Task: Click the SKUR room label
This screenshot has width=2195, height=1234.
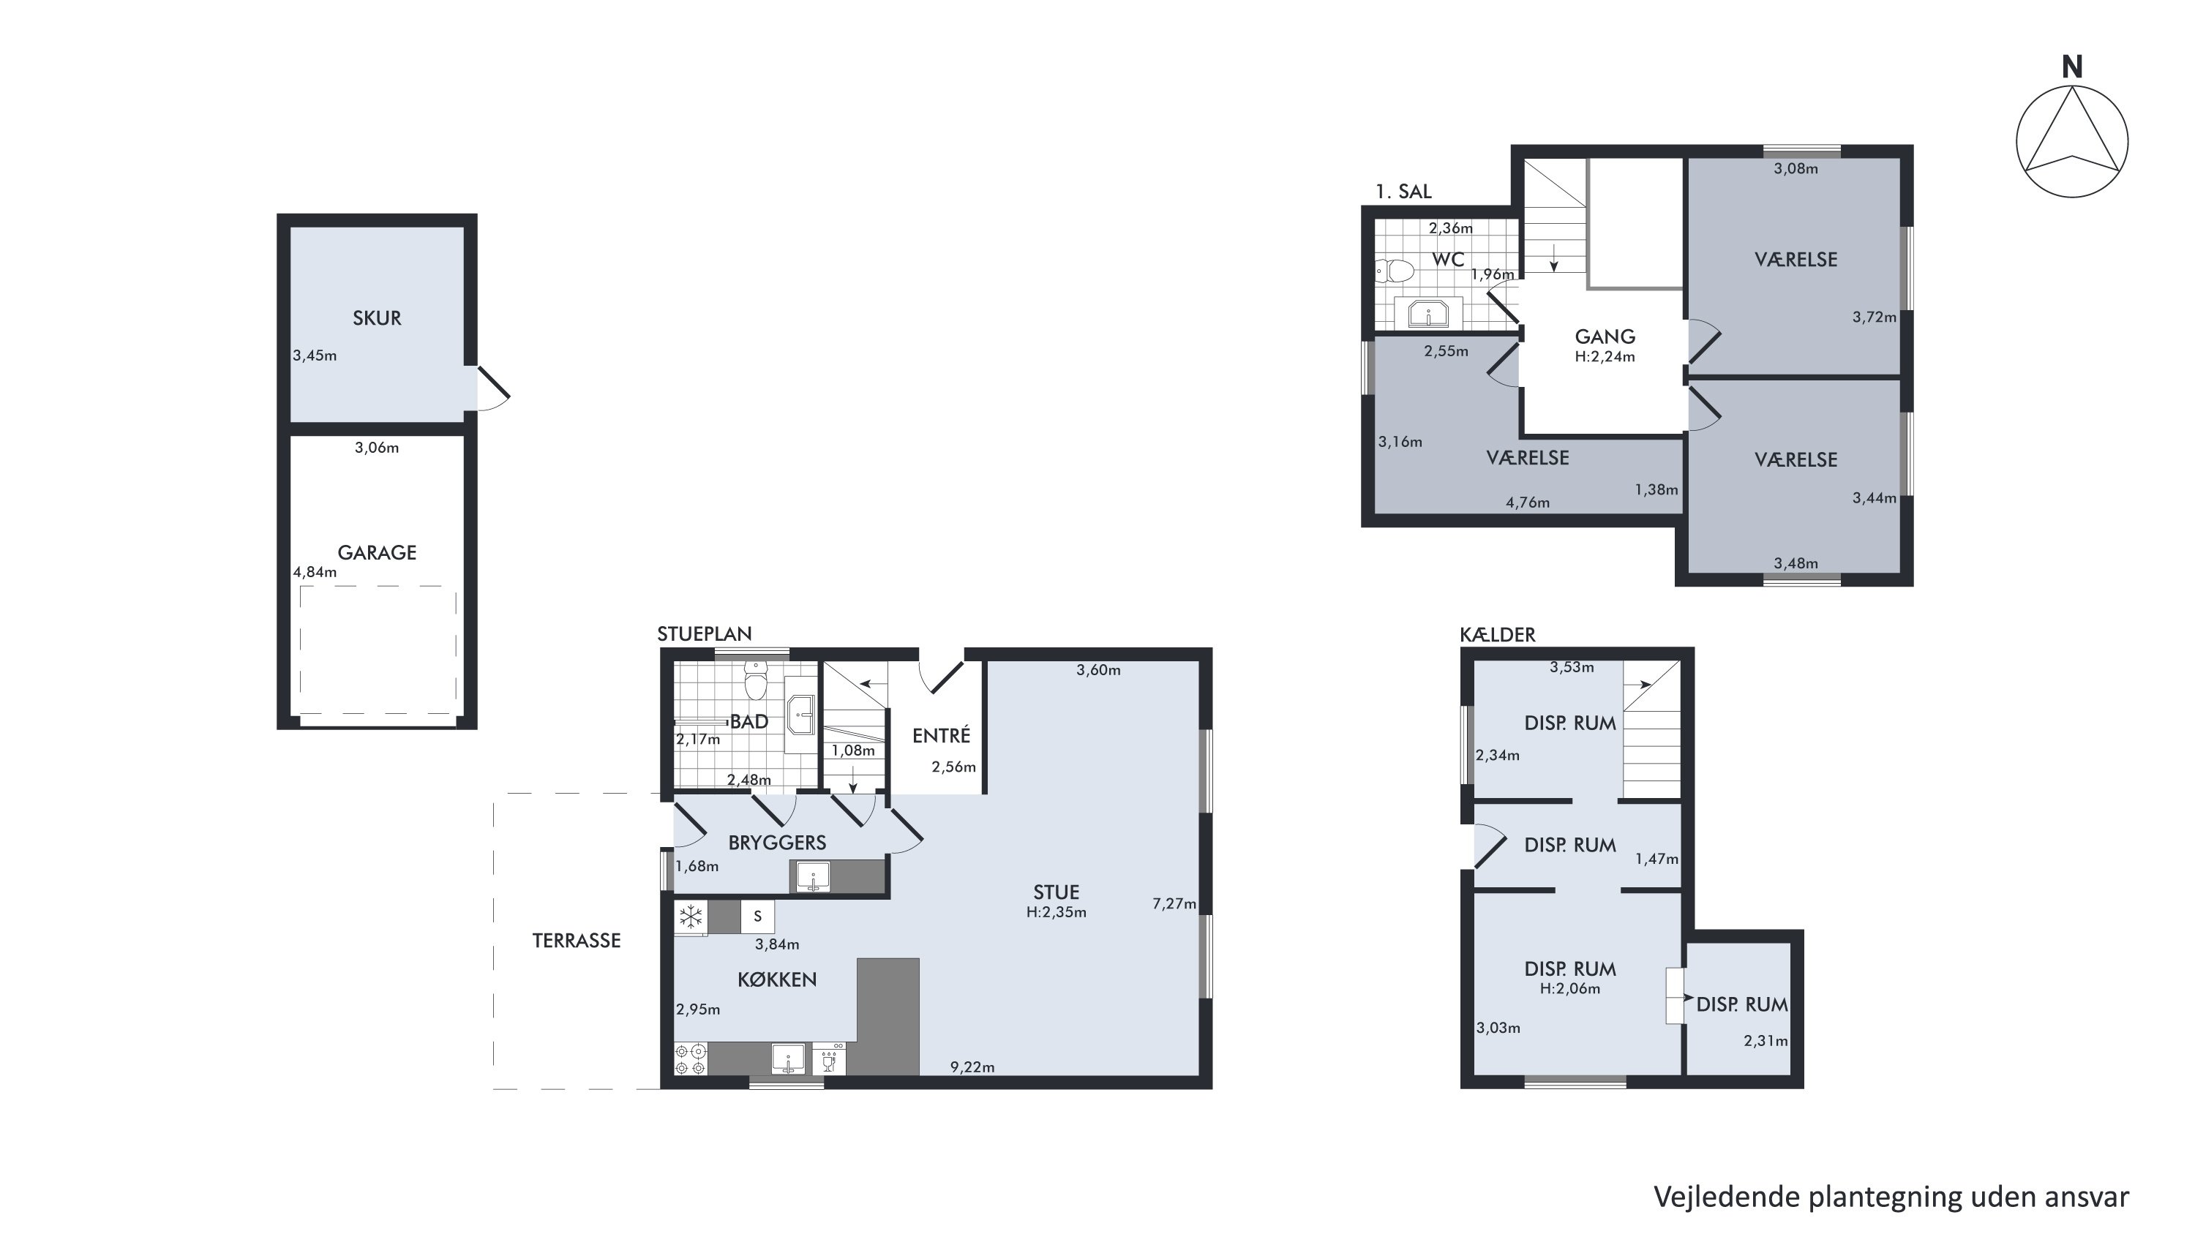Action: tap(377, 317)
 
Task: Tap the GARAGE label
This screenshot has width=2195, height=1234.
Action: tap(377, 553)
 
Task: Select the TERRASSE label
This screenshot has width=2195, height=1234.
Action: tap(576, 940)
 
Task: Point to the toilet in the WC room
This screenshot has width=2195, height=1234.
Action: tap(1394, 271)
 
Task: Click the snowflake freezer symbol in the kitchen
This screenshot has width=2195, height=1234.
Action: tap(690, 917)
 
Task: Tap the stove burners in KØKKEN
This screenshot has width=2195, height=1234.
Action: tap(690, 1059)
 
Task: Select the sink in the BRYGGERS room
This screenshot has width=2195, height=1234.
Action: tap(813, 876)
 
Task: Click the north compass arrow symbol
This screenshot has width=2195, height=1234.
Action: tap(2071, 140)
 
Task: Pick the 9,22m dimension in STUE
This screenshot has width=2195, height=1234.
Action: tap(972, 1067)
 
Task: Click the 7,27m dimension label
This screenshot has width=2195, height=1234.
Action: tap(1174, 903)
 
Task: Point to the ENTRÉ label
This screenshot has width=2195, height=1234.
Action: tap(941, 735)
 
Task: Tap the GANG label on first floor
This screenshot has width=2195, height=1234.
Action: tap(1605, 336)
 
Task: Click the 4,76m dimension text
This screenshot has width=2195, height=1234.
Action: tap(1528, 503)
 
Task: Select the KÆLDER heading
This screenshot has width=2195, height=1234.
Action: tap(1497, 634)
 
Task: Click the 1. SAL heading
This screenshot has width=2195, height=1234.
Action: tap(1403, 192)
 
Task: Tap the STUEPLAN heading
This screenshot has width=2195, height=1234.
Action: tap(704, 633)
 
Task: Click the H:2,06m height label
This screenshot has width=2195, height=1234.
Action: tap(1569, 989)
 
